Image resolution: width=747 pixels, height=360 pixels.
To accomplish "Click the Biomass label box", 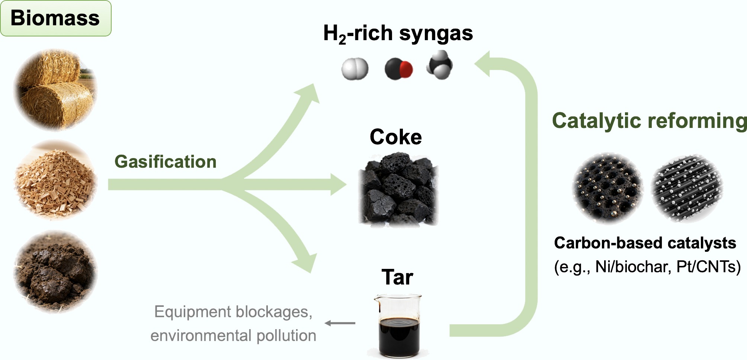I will tap(55, 18).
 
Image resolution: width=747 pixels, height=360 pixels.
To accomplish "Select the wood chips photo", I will tap(55, 180).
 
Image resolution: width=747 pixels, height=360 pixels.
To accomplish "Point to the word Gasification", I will tap(165, 162).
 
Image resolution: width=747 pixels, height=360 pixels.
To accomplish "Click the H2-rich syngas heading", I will tap(398, 33).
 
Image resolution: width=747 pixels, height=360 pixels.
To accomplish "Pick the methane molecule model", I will tap(439, 66).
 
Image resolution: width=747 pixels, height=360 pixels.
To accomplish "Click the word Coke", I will tap(395, 137).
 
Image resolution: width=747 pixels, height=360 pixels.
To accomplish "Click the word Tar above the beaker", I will tap(397, 277).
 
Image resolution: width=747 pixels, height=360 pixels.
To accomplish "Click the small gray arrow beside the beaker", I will tap(340, 323).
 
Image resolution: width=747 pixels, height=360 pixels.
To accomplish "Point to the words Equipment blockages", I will tap(233, 312).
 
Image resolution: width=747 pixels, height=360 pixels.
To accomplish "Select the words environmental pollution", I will tap(233, 335).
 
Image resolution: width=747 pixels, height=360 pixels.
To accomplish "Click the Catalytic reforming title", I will tap(649, 121).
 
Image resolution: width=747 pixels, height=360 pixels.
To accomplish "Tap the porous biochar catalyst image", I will tap(608, 188).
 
